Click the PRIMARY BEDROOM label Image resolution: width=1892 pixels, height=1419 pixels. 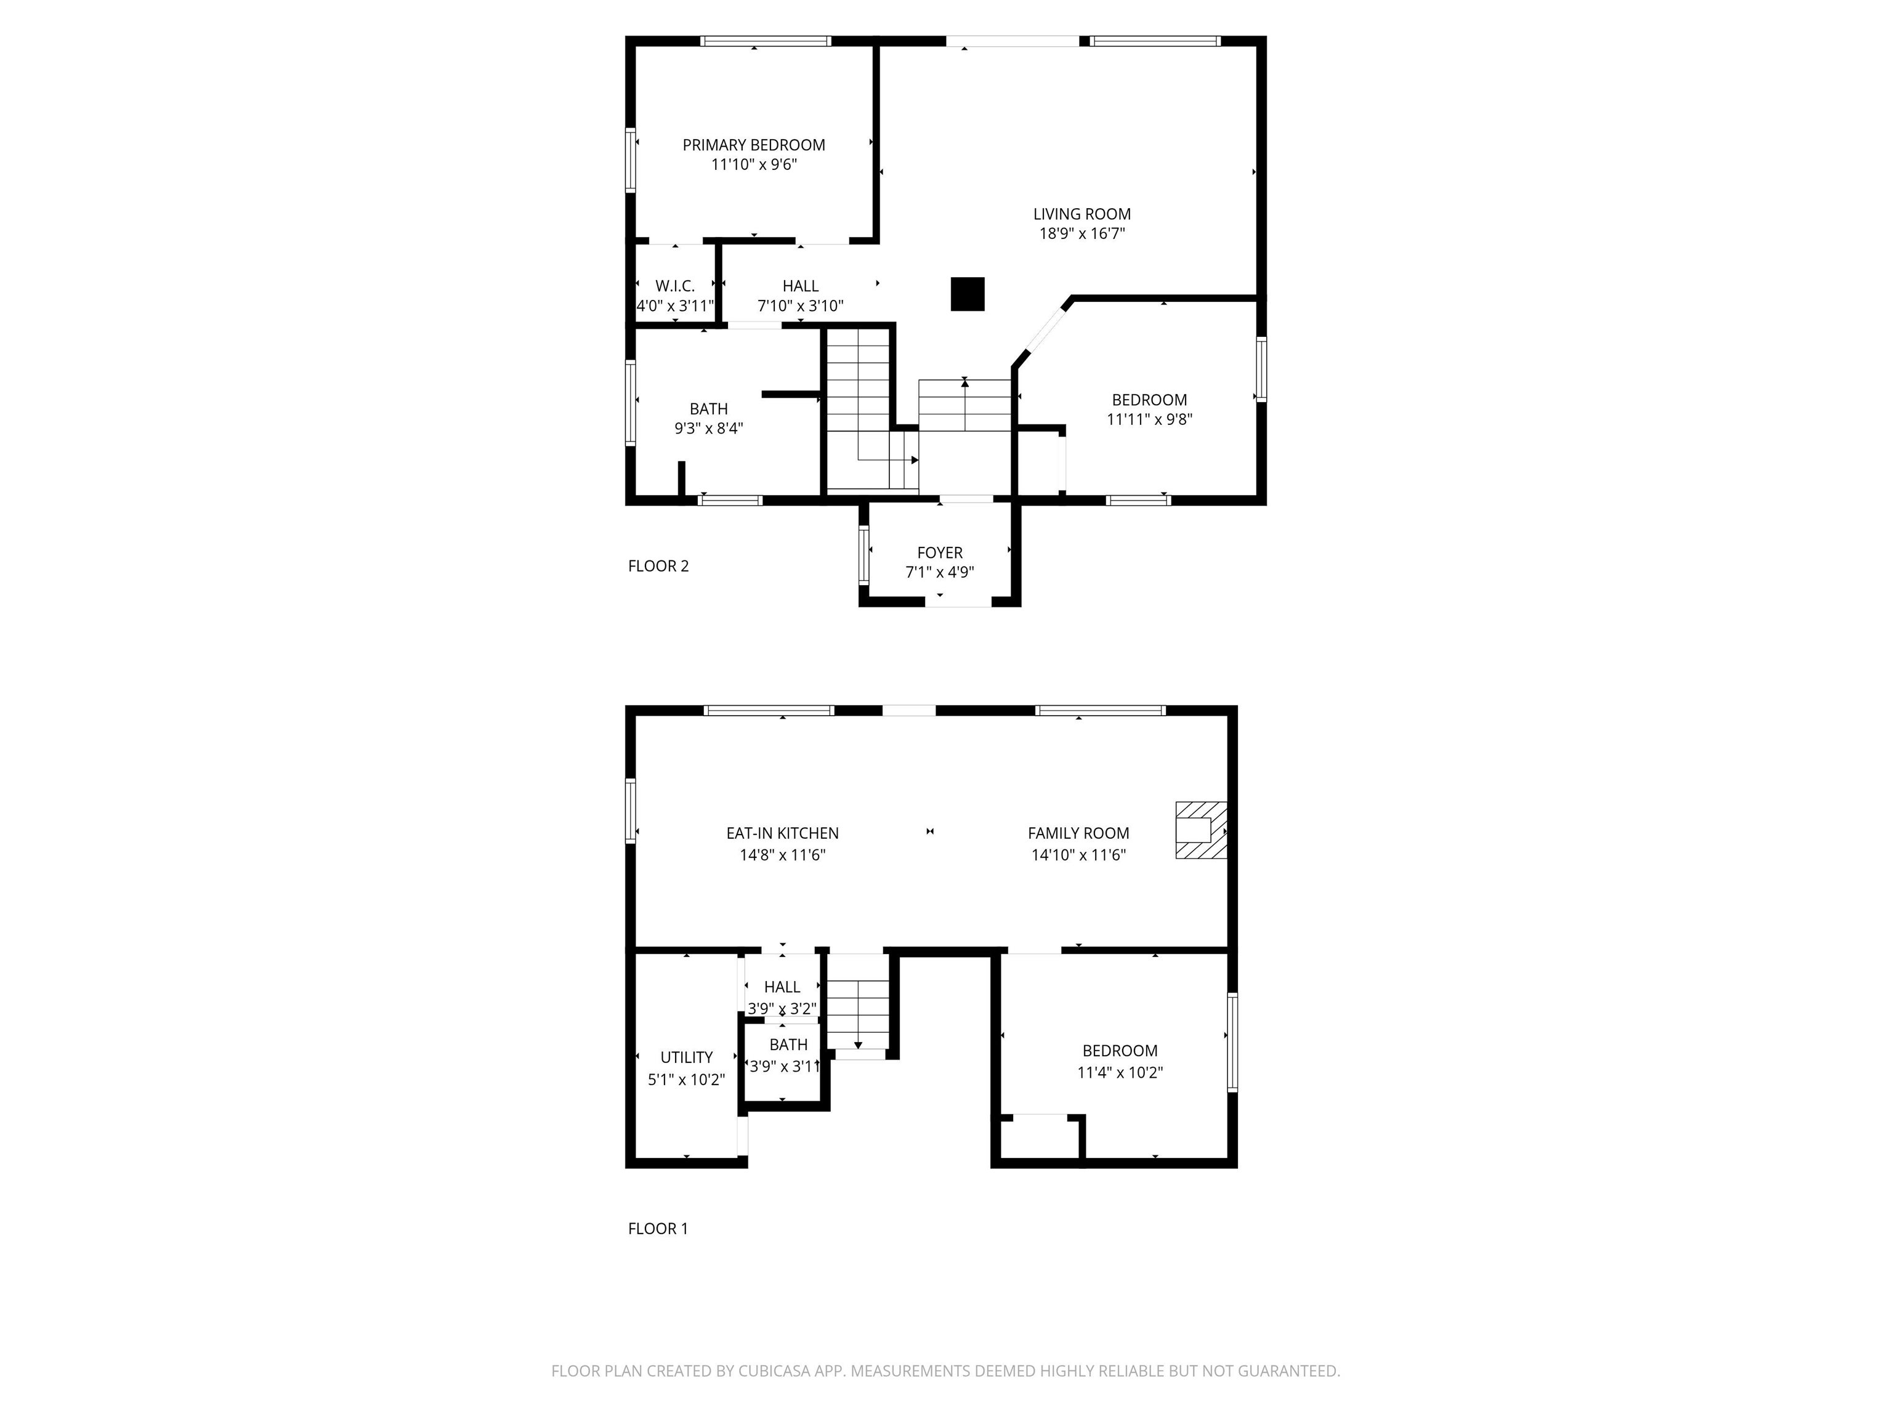click(x=754, y=145)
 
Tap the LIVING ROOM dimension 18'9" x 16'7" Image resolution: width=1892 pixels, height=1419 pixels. click(x=1082, y=233)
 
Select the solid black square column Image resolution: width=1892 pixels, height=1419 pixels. click(x=968, y=294)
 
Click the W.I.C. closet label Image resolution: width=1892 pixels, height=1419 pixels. click(x=675, y=286)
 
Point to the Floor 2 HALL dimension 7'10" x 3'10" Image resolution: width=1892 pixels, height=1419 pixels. click(x=801, y=305)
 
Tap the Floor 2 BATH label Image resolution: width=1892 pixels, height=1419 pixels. click(x=709, y=409)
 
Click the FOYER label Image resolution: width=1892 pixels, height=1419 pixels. click(x=940, y=552)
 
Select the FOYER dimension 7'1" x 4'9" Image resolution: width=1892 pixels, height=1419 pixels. click(x=940, y=572)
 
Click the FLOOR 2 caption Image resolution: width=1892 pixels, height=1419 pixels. click(x=658, y=565)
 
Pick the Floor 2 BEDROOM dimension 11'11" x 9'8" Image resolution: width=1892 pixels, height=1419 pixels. click(x=1150, y=419)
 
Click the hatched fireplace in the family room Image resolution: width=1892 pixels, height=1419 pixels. click(x=1201, y=830)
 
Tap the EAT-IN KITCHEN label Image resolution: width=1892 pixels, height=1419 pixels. click(x=783, y=833)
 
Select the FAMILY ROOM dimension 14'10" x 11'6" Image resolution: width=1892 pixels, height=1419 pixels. click(x=1078, y=854)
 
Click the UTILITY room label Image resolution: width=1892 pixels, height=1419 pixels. click(x=687, y=1057)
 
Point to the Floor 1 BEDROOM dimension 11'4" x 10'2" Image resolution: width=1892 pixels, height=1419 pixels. click(x=1120, y=1073)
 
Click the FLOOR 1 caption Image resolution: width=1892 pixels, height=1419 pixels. click(x=658, y=1228)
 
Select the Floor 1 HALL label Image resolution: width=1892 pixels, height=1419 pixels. click(x=783, y=987)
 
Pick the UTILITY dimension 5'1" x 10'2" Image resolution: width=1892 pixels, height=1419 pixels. click(x=687, y=1080)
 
